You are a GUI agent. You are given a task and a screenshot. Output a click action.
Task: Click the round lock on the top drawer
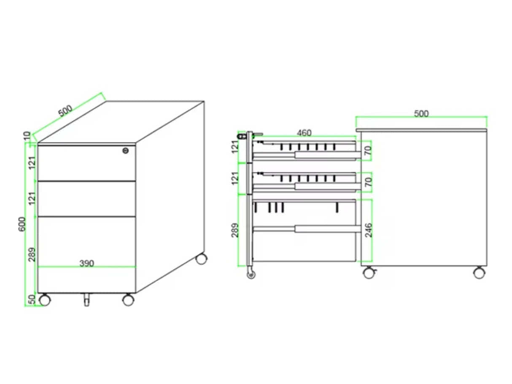point(125,150)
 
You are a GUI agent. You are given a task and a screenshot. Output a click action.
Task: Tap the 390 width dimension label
point(86,263)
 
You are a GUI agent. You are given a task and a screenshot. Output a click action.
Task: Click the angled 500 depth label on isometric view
point(66,110)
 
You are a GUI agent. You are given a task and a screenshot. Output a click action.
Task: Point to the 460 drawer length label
point(304,133)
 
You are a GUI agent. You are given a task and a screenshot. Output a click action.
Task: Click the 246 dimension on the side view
point(369,230)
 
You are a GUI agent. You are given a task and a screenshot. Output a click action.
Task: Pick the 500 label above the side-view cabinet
point(421,113)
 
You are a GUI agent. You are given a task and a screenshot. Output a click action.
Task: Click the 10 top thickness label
point(27,136)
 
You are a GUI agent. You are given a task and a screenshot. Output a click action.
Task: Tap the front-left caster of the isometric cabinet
point(44,300)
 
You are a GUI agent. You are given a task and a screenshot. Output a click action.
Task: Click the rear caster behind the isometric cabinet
point(202,259)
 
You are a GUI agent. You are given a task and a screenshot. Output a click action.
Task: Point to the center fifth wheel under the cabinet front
point(86,300)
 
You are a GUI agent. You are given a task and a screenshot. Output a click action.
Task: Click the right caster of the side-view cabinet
point(479,272)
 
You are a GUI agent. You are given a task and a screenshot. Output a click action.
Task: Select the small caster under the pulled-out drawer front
point(251,274)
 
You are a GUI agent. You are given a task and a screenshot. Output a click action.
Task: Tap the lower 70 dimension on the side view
point(369,182)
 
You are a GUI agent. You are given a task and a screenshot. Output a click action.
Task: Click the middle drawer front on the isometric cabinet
point(86,199)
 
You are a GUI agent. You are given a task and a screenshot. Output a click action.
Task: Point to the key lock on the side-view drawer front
point(243,136)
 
